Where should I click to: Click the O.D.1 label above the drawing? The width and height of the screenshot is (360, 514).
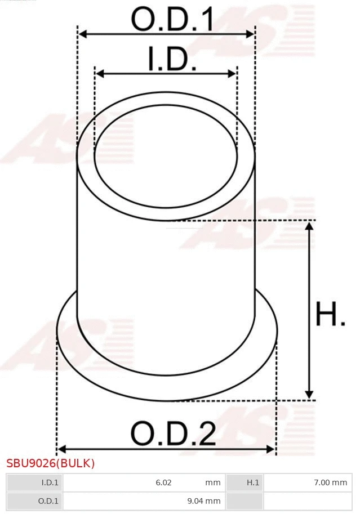click(x=172, y=20)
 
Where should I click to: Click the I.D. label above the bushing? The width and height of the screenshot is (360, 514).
click(x=172, y=60)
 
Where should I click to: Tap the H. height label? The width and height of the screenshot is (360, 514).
click(x=330, y=315)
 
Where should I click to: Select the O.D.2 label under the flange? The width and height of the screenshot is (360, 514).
click(x=173, y=434)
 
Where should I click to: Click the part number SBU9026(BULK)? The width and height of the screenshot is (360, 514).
click(x=51, y=463)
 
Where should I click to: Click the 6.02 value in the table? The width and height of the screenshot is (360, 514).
click(x=163, y=482)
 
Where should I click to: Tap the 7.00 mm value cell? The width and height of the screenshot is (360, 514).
click(x=331, y=482)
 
